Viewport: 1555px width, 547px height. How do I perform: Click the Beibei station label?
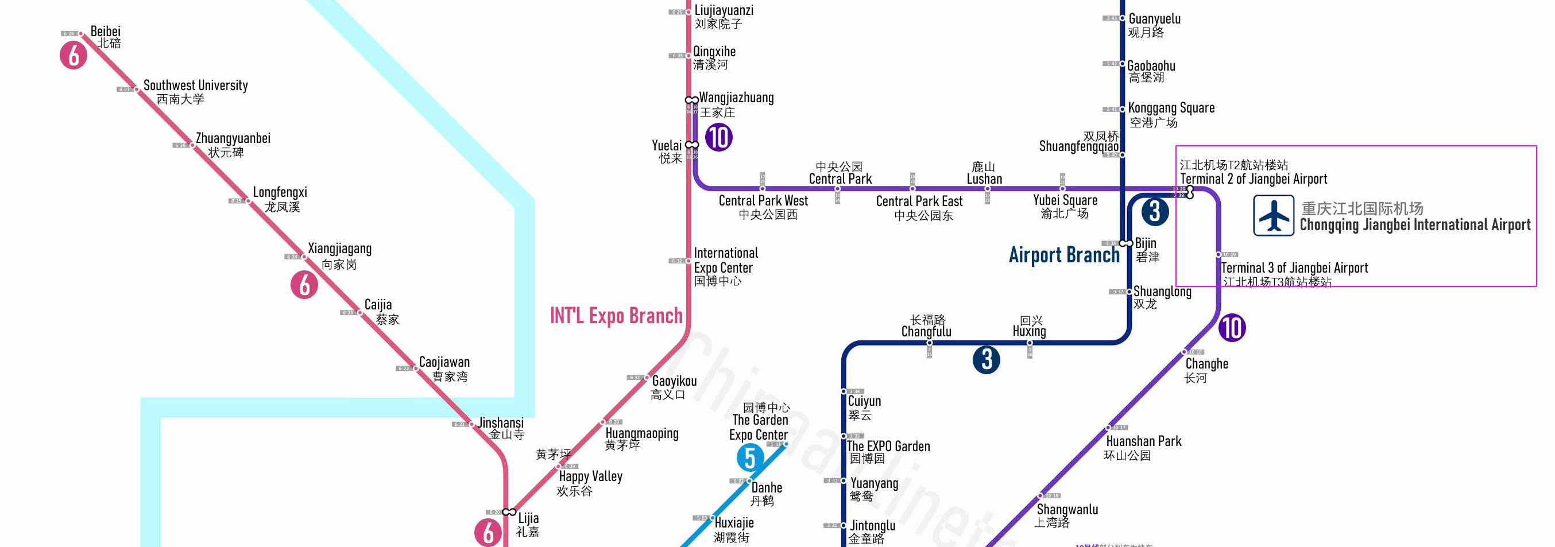click(106, 32)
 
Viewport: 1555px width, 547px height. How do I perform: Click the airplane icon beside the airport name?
click(1273, 215)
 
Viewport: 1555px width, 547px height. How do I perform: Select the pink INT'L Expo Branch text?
click(616, 316)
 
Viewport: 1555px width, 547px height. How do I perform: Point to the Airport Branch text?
click(1063, 255)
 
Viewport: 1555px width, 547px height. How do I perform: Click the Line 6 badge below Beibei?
click(74, 56)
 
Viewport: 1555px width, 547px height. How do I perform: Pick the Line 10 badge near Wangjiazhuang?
click(718, 138)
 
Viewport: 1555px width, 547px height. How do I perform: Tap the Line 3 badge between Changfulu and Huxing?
click(987, 360)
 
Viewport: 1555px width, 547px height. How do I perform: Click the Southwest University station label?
click(196, 86)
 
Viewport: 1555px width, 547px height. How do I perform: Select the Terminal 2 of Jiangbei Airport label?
click(1253, 179)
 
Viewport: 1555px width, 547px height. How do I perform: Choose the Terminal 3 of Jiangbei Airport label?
click(1294, 268)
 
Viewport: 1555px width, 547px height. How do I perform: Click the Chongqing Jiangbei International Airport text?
click(1415, 225)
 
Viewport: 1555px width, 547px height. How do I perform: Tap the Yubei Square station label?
click(1065, 200)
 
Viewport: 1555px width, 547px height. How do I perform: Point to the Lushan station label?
click(984, 179)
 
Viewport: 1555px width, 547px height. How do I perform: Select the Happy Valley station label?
click(590, 476)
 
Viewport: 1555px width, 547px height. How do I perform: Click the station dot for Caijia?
click(360, 312)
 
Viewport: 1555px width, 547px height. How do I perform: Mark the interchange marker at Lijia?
click(509, 512)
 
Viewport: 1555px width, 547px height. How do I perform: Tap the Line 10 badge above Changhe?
click(1232, 328)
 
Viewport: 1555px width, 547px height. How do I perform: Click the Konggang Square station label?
click(1171, 108)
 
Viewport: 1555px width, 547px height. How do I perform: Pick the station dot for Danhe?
click(749, 480)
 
